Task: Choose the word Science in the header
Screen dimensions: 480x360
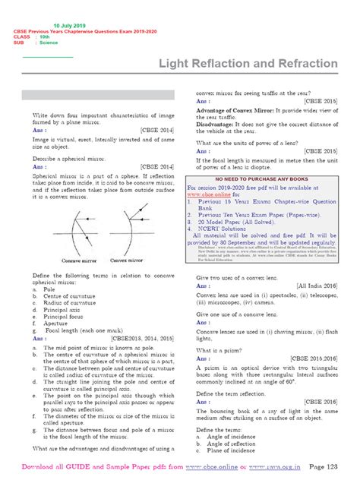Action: tap(48, 43)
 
